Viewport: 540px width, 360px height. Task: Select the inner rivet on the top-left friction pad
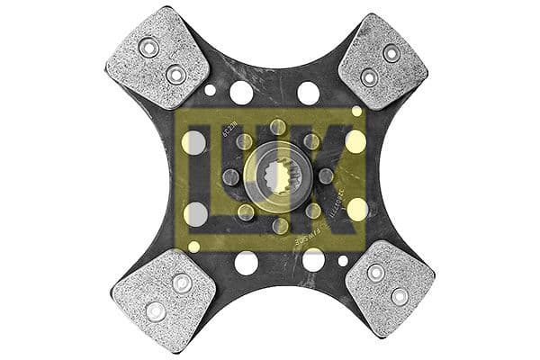coord(176,75)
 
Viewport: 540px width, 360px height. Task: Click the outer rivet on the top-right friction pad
coord(391,53)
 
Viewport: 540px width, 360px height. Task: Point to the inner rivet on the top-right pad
coord(368,77)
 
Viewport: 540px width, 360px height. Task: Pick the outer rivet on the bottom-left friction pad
coord(156,310)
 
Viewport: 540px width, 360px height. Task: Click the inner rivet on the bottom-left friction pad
coord(182,283)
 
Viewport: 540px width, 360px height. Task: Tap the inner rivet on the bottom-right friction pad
coord(375,273)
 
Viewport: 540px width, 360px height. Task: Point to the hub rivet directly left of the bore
coord(229,176)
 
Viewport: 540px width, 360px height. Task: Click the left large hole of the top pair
coord(241,93)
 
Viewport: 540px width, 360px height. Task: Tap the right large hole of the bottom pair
coord(312,260)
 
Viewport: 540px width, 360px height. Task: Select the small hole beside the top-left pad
coord(210,90)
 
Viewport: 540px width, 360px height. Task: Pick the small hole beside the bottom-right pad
coord(345,261)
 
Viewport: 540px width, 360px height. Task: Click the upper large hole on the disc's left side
coord(194,141)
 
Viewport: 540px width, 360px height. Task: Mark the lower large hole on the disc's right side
coord(357,210)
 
